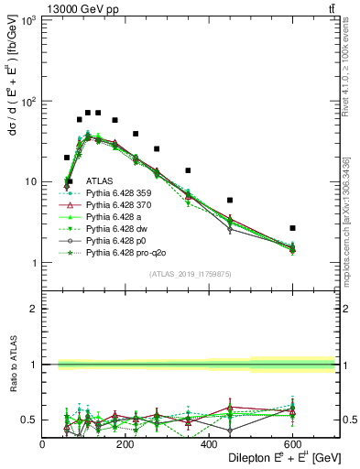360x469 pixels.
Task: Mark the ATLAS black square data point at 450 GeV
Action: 230,200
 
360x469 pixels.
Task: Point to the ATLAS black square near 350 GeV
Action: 188,170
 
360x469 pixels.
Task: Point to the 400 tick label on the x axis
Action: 210,443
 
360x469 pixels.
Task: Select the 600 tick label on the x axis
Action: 293,443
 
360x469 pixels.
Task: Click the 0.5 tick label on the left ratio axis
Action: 27,420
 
